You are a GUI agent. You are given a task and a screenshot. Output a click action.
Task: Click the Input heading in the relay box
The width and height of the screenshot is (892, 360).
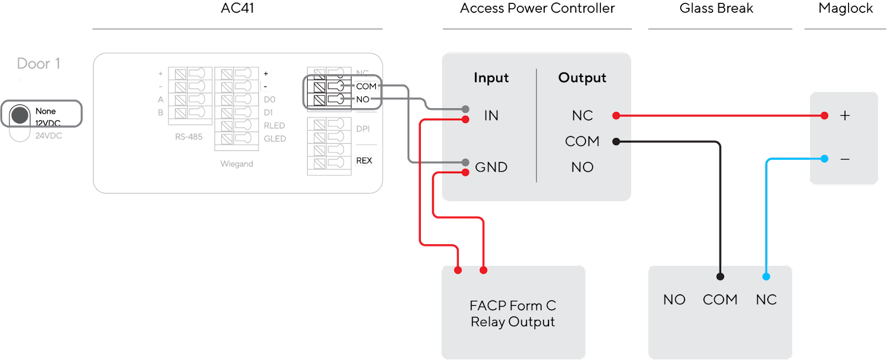point(491,78)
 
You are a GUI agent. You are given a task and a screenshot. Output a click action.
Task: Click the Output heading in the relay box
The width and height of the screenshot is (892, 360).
point(582,78)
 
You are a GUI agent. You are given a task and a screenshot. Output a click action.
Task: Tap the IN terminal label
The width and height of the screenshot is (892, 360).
point(491,115)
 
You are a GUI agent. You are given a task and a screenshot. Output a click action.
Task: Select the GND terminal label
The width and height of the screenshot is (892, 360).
point(491,167)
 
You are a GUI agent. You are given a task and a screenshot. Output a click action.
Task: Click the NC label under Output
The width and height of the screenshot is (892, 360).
point(582,115)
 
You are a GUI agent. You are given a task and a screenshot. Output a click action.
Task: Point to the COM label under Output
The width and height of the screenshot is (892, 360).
point(582,142)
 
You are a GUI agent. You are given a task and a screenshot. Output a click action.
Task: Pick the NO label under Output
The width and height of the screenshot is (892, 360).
point(582,167)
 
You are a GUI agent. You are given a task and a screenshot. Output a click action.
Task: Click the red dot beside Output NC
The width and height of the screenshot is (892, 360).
point(616,115)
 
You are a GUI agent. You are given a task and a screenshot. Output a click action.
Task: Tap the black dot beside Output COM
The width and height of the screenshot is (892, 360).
point(616,142)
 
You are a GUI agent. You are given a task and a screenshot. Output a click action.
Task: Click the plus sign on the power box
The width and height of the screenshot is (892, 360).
point(845,115)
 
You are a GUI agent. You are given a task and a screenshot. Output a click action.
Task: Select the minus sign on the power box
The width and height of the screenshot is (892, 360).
point(845,159)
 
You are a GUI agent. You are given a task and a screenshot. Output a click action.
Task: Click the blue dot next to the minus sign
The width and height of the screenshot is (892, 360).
point(825,159)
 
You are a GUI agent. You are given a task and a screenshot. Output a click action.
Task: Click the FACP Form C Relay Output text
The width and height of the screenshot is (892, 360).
point(513,314)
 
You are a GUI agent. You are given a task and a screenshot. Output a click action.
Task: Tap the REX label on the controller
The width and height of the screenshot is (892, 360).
point(364,160)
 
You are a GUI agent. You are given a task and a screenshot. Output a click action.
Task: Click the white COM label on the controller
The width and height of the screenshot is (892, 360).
point(366,86)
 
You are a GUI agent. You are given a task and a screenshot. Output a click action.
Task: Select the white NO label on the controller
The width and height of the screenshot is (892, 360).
point(362,99)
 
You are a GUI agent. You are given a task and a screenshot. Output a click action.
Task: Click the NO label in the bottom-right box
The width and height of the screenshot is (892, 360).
point(674,300)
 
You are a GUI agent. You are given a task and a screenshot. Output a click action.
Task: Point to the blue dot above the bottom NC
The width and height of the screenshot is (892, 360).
point(766,276)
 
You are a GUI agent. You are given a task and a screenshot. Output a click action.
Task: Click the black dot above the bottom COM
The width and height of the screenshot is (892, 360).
point(720,276)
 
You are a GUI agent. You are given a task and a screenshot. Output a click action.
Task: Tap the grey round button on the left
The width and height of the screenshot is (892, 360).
point(20,115)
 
